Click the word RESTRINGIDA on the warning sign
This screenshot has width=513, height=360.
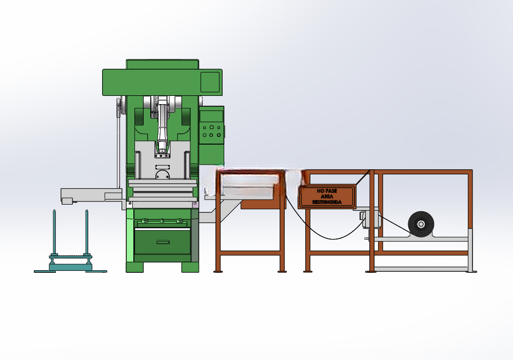pyautogui.click(x=327, y=202)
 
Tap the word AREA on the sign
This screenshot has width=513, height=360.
pyautogui.click(x=327, y=196)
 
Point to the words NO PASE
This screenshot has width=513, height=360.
pyautogui.click(x=326, y=191)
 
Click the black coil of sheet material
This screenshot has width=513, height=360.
pyautogui.click(x=421, y=224)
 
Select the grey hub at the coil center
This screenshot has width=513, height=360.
pyautogui.click(x=421, y=224)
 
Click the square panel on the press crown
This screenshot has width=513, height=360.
pyautogui.click(x=210, y=82)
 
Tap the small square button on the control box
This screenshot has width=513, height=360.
pyautogui.click(x=211, y=127)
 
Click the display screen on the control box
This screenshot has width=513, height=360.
pyautogui.click(x=211, y=116)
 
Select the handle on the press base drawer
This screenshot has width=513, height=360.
pyautogui.click(x=163, y=242)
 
